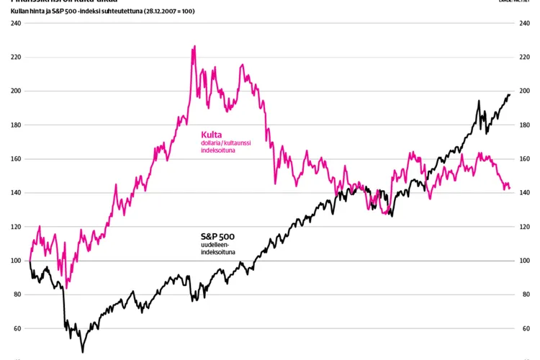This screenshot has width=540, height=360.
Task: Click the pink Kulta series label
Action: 211,134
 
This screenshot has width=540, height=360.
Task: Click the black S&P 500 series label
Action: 217,236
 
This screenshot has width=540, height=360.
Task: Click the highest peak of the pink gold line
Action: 194,47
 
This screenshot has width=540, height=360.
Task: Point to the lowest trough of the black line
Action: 83,351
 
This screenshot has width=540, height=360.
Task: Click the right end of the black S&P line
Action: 510,95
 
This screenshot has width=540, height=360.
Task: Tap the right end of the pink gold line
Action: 510,189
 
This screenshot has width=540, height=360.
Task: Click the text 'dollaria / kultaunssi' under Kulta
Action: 226,143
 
